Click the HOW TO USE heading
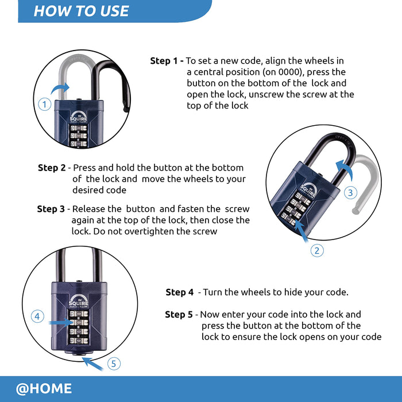click(81, 11)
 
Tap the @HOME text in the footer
click(44, 389)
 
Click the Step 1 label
click(167, 61)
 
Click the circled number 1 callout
click(44, 104)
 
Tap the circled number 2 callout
click(318, 250)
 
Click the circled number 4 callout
click(37, 316)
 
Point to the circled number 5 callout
click(114, 364)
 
